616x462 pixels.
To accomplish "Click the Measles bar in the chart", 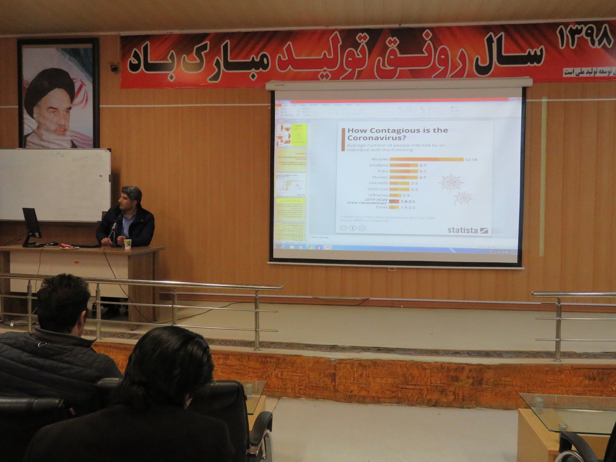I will [x=426, y=159].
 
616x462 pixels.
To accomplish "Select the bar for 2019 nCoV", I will [x=394, y=201].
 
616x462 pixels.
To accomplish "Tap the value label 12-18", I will [x=471, y=160].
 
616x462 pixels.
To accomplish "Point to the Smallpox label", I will [x=379, y=165].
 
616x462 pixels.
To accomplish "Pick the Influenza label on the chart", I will [x=378, y=195].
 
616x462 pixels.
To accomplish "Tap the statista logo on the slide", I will [x=467, y=230].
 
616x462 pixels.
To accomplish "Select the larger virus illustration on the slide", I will [x=451, y=182].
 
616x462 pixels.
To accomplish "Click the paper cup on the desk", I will [x=128, y=243].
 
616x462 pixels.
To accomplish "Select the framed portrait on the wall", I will [x=59, y=93].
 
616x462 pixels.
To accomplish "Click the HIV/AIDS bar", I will [x=399, y=183].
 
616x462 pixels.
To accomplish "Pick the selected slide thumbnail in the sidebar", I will [x=290, y=184].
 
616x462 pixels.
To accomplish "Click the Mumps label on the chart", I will [x=380, y=177].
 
